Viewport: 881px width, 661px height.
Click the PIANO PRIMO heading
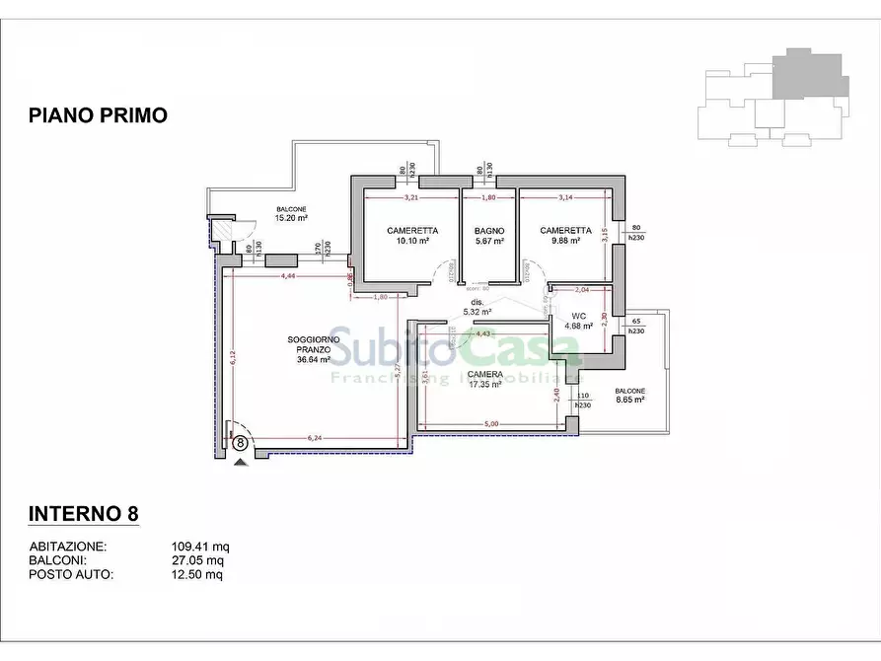click(x=98, y=115)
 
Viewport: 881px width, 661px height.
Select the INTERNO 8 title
click(x=83, y=514)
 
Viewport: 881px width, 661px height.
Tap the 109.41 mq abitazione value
click(x=200, y=547)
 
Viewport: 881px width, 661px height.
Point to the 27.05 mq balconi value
click(x=197, y=560)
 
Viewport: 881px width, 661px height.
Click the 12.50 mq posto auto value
click(x=197, y=574)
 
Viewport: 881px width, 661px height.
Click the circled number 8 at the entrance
click(x=240, y=443)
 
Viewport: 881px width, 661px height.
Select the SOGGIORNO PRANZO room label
click(x=314, y=349)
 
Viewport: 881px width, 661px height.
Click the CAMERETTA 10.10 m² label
click(x=412, y=235)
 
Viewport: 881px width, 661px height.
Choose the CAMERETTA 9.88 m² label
click(x=565, y=235)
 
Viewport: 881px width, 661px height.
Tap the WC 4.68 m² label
click(x=578, y=321)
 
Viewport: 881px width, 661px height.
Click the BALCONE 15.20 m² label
click(x=290, y=214)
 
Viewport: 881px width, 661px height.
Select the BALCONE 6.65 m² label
click(x=629, y=395)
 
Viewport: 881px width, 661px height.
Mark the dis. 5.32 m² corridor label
click(x=479, y=307)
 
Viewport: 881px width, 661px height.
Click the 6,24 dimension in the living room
click(x=316, y=438)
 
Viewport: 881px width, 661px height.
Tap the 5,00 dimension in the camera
click(x=490, y=424)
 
